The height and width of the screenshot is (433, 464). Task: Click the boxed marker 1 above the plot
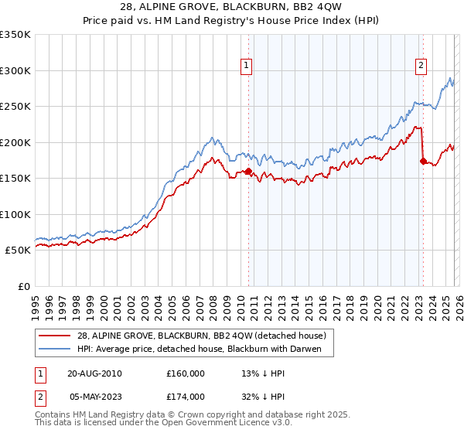[x=246, y=66]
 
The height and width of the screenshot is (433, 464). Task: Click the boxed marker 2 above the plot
[x=421, y=66]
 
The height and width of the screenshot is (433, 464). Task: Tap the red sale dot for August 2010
[x=248, y=172]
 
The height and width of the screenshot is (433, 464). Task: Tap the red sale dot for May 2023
[x=422, y=162]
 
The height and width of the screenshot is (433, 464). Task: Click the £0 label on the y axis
[x=25, y=286]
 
